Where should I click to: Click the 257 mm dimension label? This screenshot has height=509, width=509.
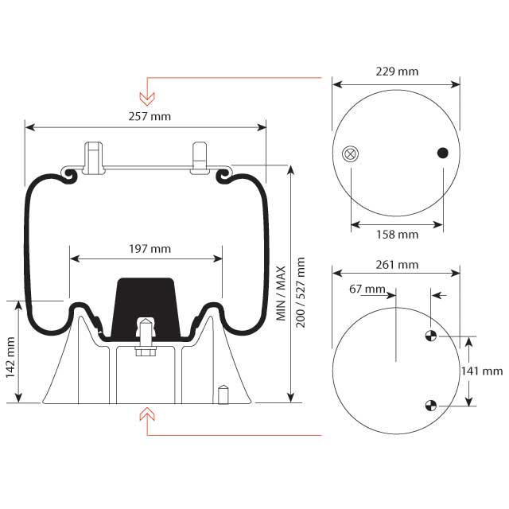point(149,117)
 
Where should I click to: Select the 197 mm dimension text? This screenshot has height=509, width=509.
point(149,249)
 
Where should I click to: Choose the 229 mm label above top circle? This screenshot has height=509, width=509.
point(396,72)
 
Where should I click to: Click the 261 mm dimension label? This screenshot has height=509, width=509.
point(396,264)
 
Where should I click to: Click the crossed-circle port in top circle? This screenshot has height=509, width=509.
point(349,154)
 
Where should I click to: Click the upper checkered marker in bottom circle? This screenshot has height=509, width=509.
point(430,336)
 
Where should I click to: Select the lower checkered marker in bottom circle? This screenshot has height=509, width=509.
point(430,405)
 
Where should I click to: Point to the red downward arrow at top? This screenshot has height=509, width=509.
point(146,97)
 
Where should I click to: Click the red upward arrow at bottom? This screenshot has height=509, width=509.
point(146,414)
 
